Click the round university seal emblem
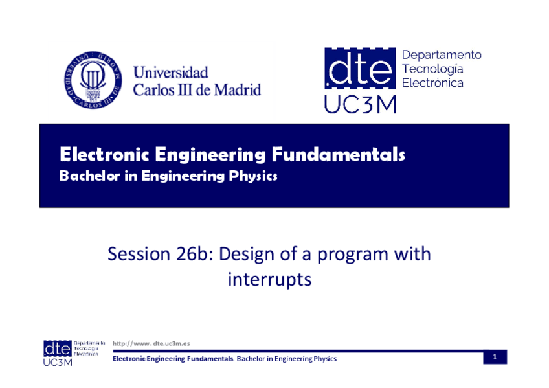click(x=93, y=80)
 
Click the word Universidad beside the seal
click(x=170, y=73)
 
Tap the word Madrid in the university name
click(x=238, y=90)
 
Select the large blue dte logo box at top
click(x=360, y=68)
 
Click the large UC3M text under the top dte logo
click(x=360, y=104)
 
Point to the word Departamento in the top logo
click(x=442, y=55)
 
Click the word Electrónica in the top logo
click(x=432, y=83)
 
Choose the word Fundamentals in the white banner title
click(x=338, y=154)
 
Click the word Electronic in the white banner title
click(x=104, y=154)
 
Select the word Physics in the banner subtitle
click(x=252, y=176)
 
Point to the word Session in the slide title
click(x=139, y=254)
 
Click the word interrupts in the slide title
click(x=269, y=280)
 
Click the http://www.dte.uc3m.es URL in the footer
click(x=151, y=343)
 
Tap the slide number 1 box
click(x=495, y=357)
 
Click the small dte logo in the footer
click(x=58, y=348)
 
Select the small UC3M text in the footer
click(x=58, y=362)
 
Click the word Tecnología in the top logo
click(x=432, y=69)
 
